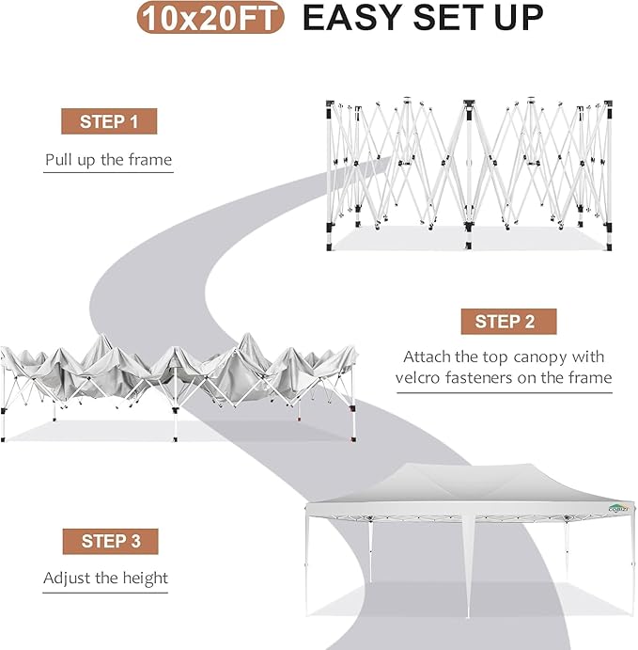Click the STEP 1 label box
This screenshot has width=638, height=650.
(x=109, y=121)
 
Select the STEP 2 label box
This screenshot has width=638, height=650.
(x=505, y=322)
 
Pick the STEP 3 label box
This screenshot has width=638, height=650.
(x=110, y=541)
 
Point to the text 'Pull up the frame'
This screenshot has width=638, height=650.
(x=109, y=160)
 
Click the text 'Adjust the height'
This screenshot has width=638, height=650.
(x=105, y=578)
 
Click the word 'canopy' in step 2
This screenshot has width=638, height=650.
(x=541, y=357)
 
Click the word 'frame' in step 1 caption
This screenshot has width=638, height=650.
(x=150, y=160)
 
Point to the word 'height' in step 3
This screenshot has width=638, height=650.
(x=144, y=578)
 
